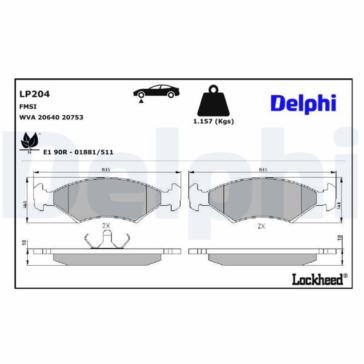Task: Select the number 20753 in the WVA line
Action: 71,117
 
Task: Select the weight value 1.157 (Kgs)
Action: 213,121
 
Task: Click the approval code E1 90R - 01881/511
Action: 79,153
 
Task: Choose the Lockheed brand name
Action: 318,278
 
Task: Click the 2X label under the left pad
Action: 106,225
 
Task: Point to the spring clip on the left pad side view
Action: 107,240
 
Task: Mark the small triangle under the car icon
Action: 141,104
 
